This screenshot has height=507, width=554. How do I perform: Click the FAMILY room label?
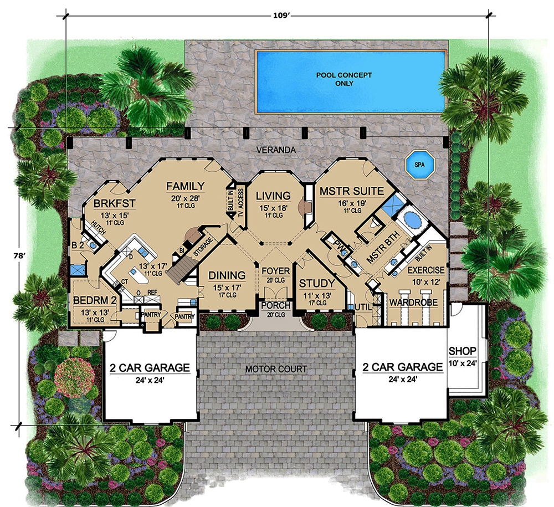(185, 186)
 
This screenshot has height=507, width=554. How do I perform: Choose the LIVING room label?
(273, 196)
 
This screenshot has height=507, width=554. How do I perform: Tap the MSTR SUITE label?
(351, 191)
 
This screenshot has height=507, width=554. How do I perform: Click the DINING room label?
(227, 275)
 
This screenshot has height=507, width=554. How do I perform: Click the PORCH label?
(275, 305)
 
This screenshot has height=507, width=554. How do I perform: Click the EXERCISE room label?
(425, 270)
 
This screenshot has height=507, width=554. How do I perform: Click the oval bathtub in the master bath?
(412, 220)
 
